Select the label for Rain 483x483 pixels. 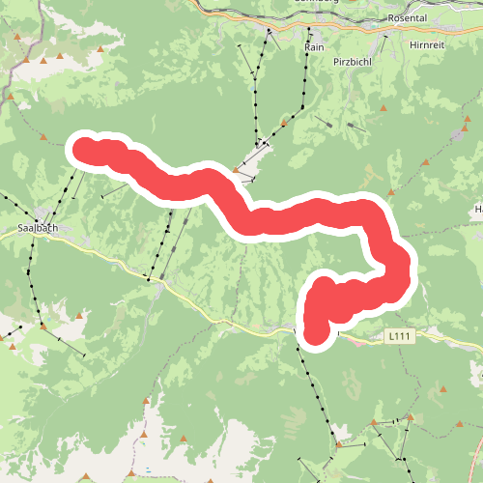coord(314,46)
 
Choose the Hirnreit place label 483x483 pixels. coord(445,44)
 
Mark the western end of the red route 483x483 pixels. coord(83,148)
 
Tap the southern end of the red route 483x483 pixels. coord(316,334)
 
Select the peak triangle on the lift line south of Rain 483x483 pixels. coord(286,121)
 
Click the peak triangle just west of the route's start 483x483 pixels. coord(42,137)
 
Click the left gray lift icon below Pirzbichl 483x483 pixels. coord(331,125)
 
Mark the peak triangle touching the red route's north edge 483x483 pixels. coord(236,171)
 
